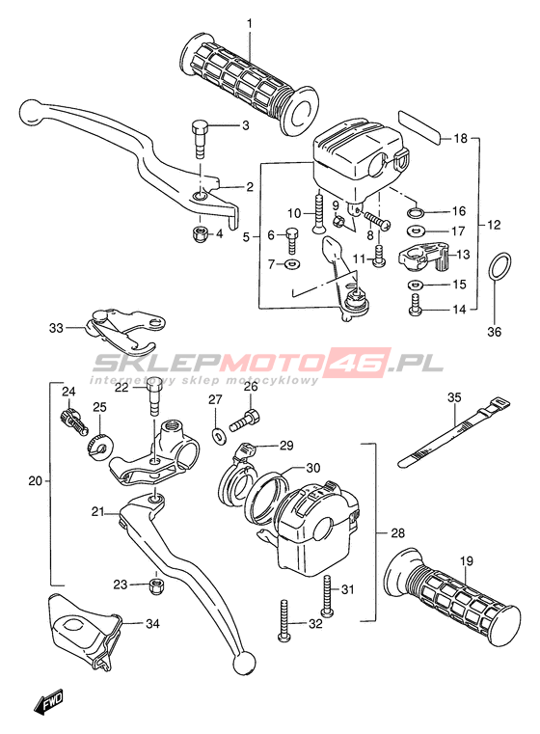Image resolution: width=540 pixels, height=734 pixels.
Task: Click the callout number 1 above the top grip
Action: [x=250, y=23]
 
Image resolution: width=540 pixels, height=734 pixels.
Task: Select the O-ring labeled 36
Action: [x=499, y=267]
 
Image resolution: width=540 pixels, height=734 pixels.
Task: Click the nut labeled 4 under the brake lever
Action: [x=200, y=232]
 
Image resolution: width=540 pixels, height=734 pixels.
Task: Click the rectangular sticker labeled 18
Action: [x=419, y=127]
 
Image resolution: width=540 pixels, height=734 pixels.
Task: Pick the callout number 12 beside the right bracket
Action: [x=493, y=225]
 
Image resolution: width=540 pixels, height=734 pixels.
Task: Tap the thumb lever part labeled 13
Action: [x=423, y=258]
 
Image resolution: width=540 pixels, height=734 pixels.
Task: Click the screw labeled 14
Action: [x=415, y=304]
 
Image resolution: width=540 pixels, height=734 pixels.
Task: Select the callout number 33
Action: [x=56, y=328]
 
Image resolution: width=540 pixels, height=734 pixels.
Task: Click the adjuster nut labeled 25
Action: [x=98, y=445]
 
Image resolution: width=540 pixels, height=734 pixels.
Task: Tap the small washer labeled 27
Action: [x=218, y=435]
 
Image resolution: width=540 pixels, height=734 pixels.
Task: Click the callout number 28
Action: [x=397, y=532]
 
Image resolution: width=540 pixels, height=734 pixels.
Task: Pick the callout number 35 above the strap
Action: [x=454, y=397]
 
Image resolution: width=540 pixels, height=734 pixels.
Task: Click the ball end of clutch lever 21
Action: [x=244, y=664]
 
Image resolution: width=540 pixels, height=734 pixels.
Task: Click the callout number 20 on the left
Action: [x=35, y=480]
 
